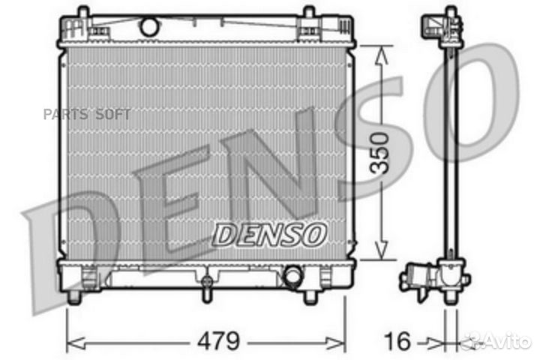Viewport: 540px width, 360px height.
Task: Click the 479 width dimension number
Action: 218,340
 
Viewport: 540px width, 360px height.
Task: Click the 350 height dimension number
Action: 379,152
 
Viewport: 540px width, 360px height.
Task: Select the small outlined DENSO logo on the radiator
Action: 270,235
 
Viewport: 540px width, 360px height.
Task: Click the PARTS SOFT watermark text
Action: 87,114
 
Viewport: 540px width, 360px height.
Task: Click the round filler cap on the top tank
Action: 149,26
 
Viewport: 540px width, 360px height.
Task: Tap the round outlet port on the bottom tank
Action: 292,275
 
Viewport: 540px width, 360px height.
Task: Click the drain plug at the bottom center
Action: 206,289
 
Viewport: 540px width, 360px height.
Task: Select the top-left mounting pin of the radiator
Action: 83,12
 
